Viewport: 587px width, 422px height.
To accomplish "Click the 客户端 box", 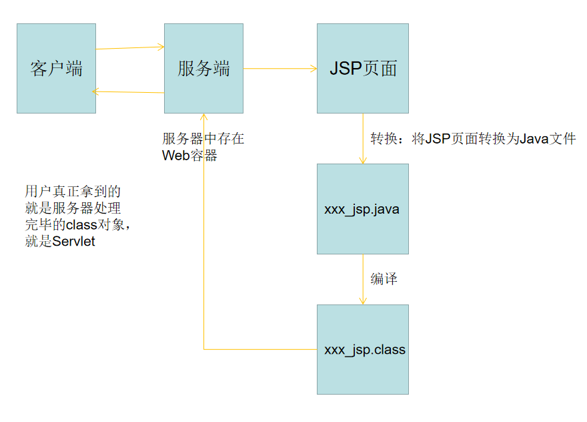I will (56, 68).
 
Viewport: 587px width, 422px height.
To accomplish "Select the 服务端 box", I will (203, 68).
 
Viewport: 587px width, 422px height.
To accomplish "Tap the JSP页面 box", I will (362, 68).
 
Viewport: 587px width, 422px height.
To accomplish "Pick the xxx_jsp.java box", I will (362, 209).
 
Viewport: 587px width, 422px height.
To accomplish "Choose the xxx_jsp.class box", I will (362, 349).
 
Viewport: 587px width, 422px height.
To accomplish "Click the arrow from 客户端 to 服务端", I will (130, 47).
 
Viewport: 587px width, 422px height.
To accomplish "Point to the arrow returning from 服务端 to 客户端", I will (130, 91).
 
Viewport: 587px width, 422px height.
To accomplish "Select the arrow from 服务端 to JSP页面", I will (280, 68).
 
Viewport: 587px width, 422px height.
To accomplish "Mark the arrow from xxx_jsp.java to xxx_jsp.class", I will (363, 279).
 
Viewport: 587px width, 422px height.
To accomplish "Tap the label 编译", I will (384, 279).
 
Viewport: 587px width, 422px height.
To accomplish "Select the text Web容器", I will (189, 156).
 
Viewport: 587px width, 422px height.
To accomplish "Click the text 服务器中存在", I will (203, 139).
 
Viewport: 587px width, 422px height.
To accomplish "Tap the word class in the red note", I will (81, 225).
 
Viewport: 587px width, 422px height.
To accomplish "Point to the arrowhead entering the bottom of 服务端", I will (203, 118).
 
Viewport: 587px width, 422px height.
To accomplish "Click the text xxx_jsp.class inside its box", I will (364, 350).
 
